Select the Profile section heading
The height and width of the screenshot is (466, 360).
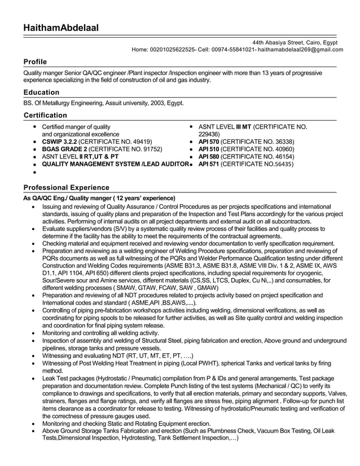(x=35, y=61)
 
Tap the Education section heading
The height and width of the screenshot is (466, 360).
(x=41, y=92)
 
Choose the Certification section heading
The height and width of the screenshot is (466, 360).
(x=46, y=115)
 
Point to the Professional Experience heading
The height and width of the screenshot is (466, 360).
(x=67, y=187)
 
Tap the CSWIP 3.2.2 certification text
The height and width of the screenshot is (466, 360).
(x=59, y=142)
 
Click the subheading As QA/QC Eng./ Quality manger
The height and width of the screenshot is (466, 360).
(x=99, y=198)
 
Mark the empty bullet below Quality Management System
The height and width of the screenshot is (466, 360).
(x=36, y=172)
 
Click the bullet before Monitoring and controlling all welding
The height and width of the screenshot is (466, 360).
(x=36, y=333)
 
